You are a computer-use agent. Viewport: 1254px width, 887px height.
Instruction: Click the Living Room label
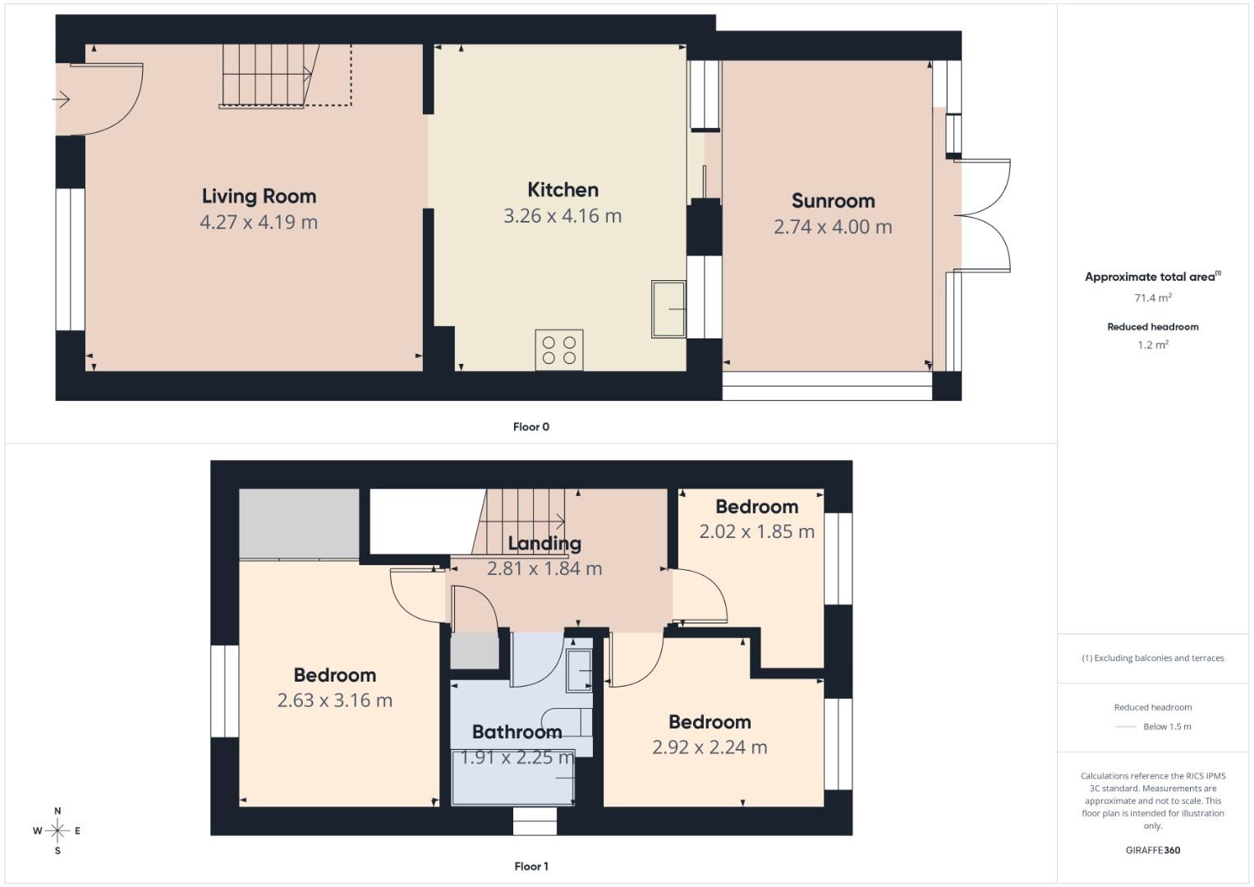pos(259,196)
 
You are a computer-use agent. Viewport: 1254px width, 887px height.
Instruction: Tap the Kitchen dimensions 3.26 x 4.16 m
pos(563,216)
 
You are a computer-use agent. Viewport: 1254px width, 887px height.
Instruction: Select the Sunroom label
pos(833,201)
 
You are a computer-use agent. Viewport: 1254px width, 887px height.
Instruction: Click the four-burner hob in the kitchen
pos(559,350)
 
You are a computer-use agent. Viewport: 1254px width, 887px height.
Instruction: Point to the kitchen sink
pos(668,309)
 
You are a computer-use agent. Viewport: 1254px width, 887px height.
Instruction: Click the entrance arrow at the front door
pos(62,100)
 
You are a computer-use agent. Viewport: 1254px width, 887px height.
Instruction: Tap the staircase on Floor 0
pos(267,74)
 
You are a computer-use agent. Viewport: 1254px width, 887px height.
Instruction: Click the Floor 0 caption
pos(531,427)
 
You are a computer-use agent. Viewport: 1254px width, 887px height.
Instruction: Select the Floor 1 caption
pos(531,866)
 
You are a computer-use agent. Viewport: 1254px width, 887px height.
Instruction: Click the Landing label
pos(544,544)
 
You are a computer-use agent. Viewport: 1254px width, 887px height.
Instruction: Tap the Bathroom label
pos(517,732)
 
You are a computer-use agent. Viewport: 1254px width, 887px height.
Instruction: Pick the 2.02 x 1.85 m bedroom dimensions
pos(756,532)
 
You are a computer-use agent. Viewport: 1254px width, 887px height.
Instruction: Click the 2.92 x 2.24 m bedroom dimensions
pos(710,747)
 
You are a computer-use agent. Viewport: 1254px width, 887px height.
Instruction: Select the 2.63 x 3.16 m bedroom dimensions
pos(334,701)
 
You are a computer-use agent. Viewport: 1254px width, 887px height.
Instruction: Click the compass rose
pos(57,831)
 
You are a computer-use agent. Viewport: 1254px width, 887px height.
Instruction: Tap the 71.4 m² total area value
pos(1152,298)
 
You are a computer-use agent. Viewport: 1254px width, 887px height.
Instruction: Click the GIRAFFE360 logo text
pos(1152,850)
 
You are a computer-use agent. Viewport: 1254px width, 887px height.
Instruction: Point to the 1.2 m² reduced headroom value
pos(1152,345)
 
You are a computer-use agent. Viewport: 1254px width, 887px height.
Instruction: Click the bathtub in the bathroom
pos(513,778)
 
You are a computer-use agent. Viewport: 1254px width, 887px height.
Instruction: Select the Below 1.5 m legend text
pos(1166,727)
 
